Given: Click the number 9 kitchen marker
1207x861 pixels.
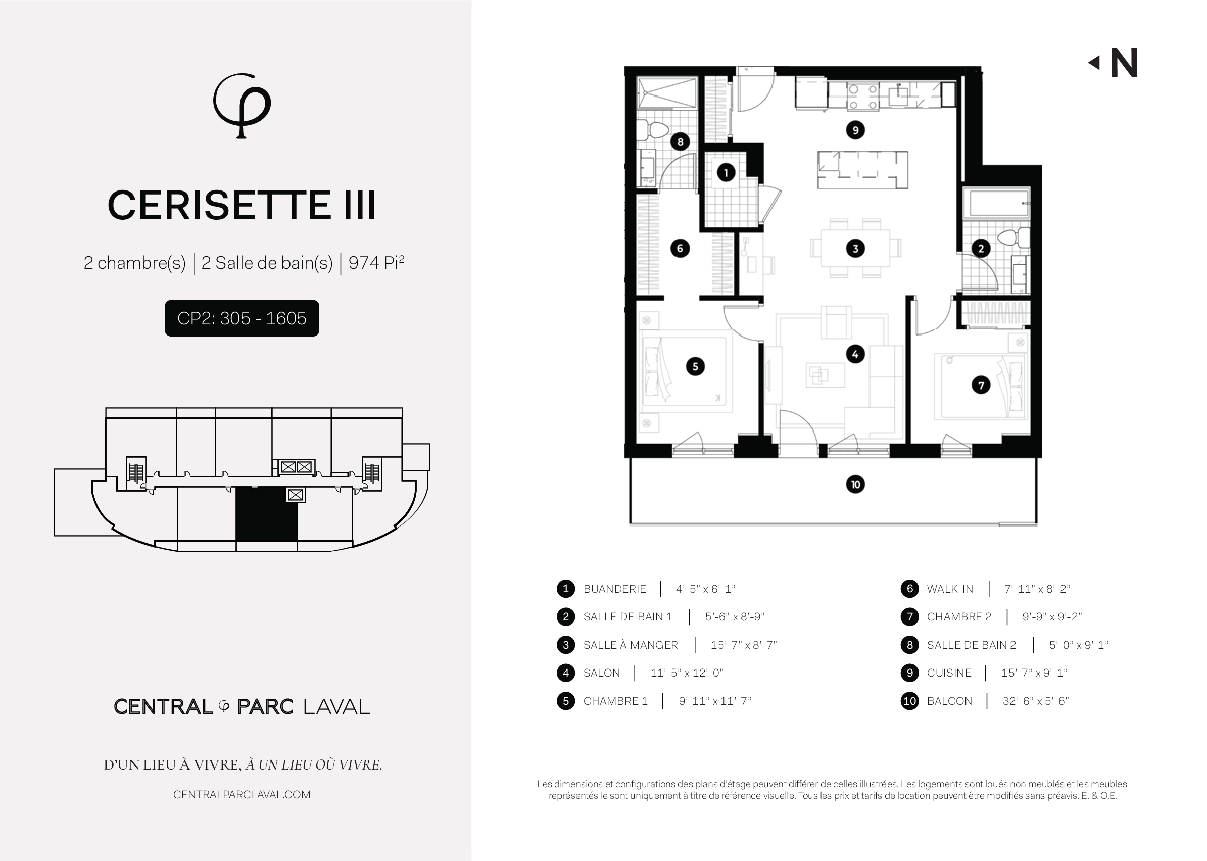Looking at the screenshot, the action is pyautogui.click(x=855, y=130).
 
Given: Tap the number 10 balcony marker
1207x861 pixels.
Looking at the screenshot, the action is pyautogui.click(x=855, y=484).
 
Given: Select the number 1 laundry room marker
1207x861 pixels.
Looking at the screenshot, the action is pyautogui.click(x=726, y=172).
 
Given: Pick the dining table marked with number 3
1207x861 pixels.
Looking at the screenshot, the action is pyautogui.click(x=855, y=248).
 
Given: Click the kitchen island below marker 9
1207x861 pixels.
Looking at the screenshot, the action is pyautogui.click(x=862, y=170).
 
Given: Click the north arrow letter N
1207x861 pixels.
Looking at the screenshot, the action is pyautogui.click(x=1124, y=63).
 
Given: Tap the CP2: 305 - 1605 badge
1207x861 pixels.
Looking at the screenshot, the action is pyautogui.click(x=242, y=318).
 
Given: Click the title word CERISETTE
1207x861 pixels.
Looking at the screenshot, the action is pyautogui.click(x=219, y=205).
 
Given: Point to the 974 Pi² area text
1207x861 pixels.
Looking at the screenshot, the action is pyautogui.click(x=376, y=262).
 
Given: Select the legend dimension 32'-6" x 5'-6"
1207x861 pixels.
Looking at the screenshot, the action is pyautogui.click(x=1035, y=701).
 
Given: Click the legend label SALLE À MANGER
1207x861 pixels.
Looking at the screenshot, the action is pyautogui.click(x=630, y=645).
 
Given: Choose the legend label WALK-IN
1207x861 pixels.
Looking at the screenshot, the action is pyautogui.click(x=950, y=589).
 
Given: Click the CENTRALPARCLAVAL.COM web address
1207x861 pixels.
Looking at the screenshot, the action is pyautogui.click(x=242, y=794).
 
